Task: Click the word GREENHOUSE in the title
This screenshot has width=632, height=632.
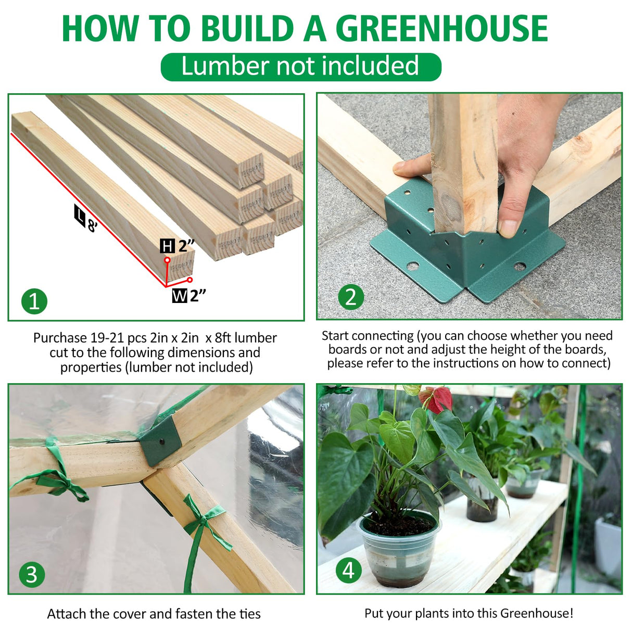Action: tap(441, 29)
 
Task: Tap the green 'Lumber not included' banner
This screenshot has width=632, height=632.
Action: tap(300, 67)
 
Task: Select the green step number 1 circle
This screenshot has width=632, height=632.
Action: tap(34, 301)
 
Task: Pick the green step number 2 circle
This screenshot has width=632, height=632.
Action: tap(351, 297)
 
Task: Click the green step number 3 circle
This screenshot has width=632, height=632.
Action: tap(32, 575)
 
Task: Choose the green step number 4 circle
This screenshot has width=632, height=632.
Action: tap(348, 570)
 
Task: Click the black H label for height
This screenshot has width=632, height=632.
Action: tap(167, 246)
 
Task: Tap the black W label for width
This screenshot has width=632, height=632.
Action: tap(180, 296)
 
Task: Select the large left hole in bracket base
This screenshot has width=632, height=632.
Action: tap(412, 266)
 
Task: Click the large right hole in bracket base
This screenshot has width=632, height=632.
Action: tap(519, 267)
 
